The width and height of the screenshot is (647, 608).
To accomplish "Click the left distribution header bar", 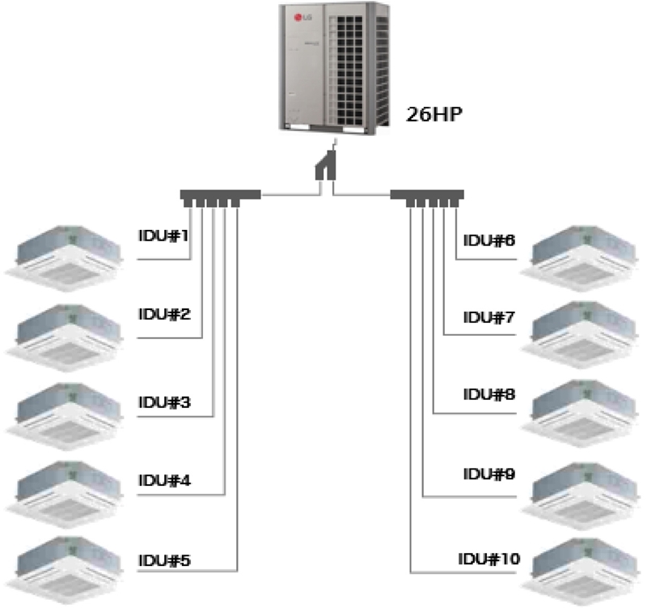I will (219, 195).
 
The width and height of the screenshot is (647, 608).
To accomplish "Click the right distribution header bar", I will (426, 195).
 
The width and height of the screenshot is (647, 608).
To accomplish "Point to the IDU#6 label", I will (489, 240).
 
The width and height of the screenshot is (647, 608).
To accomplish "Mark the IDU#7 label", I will (489, 317).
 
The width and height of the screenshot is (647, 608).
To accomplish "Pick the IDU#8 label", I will (489, 395).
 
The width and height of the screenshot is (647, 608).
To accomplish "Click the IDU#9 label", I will (489, 474).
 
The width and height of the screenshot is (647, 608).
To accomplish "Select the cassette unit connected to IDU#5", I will (66, 566).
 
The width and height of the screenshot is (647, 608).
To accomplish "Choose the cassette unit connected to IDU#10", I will (582, 566).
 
